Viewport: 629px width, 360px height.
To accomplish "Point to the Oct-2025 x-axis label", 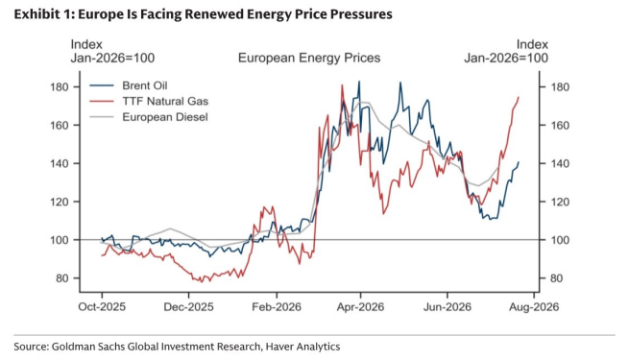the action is pos(102,307).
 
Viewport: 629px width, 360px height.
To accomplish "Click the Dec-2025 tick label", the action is pos(189,307).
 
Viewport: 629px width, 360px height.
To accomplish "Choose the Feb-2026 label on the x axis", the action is pos(277,307).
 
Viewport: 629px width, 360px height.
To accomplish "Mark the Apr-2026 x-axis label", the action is pos(360,307).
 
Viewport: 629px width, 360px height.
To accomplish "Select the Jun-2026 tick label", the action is pos(448,307).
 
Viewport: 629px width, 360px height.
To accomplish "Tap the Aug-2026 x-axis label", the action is pos(534,307).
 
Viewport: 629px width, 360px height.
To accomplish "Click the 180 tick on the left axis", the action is pos(59,87).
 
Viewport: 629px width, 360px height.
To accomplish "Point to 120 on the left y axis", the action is pos(59,202).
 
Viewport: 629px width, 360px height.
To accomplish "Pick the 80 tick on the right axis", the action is pos(557,278).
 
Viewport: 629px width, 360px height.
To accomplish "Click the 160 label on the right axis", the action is pos(560,126).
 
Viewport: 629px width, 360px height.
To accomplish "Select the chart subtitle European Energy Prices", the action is pos(309,58).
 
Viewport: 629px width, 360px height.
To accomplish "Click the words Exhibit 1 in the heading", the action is pos(44,14).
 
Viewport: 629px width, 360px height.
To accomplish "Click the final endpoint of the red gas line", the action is pos(519,97).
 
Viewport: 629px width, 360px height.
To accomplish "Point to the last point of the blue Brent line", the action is pos(519,162).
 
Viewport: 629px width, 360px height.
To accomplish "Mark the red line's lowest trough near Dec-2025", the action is pos(202,282).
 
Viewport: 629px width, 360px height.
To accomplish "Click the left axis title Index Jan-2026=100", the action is pos(112,51).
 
